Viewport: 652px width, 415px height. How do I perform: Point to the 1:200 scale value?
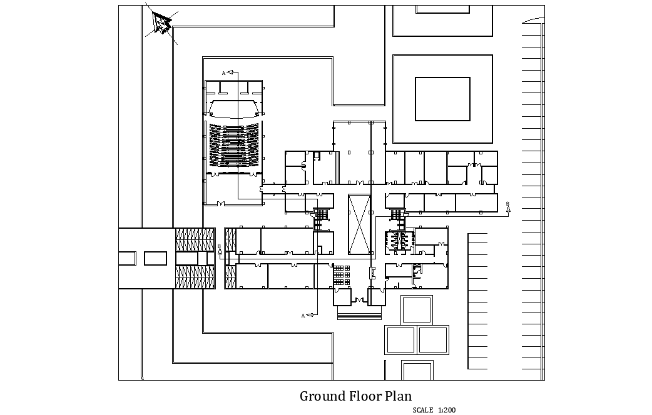point(447,410)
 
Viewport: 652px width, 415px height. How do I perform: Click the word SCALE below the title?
point(423,410)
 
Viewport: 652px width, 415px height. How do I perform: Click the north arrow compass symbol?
point(161,23)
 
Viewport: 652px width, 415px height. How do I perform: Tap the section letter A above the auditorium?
point(223,73)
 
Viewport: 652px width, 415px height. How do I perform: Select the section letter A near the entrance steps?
point(303,316)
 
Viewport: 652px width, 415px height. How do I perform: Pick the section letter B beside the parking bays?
point(507,204)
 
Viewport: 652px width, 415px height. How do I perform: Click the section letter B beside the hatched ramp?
point(219,246)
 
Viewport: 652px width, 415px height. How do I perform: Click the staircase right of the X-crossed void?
point(397,214)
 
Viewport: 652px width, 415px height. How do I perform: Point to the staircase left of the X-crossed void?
point(322,214)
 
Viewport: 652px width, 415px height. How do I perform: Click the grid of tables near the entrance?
point(342,274)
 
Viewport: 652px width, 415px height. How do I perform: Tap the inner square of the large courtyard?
point(442,99)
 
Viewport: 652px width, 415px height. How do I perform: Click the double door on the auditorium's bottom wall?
point(221,204)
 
